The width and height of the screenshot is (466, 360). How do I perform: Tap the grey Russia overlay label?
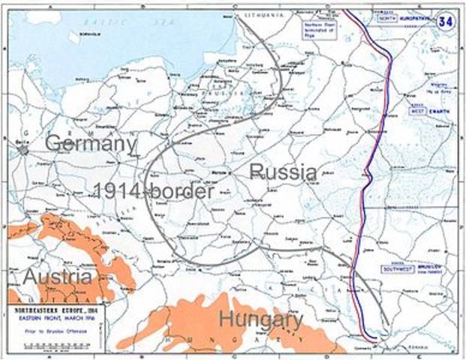tap(283, 171)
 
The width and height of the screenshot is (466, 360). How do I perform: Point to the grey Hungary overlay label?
tap(260, 319)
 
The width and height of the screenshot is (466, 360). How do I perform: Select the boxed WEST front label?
tap(416, 111)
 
